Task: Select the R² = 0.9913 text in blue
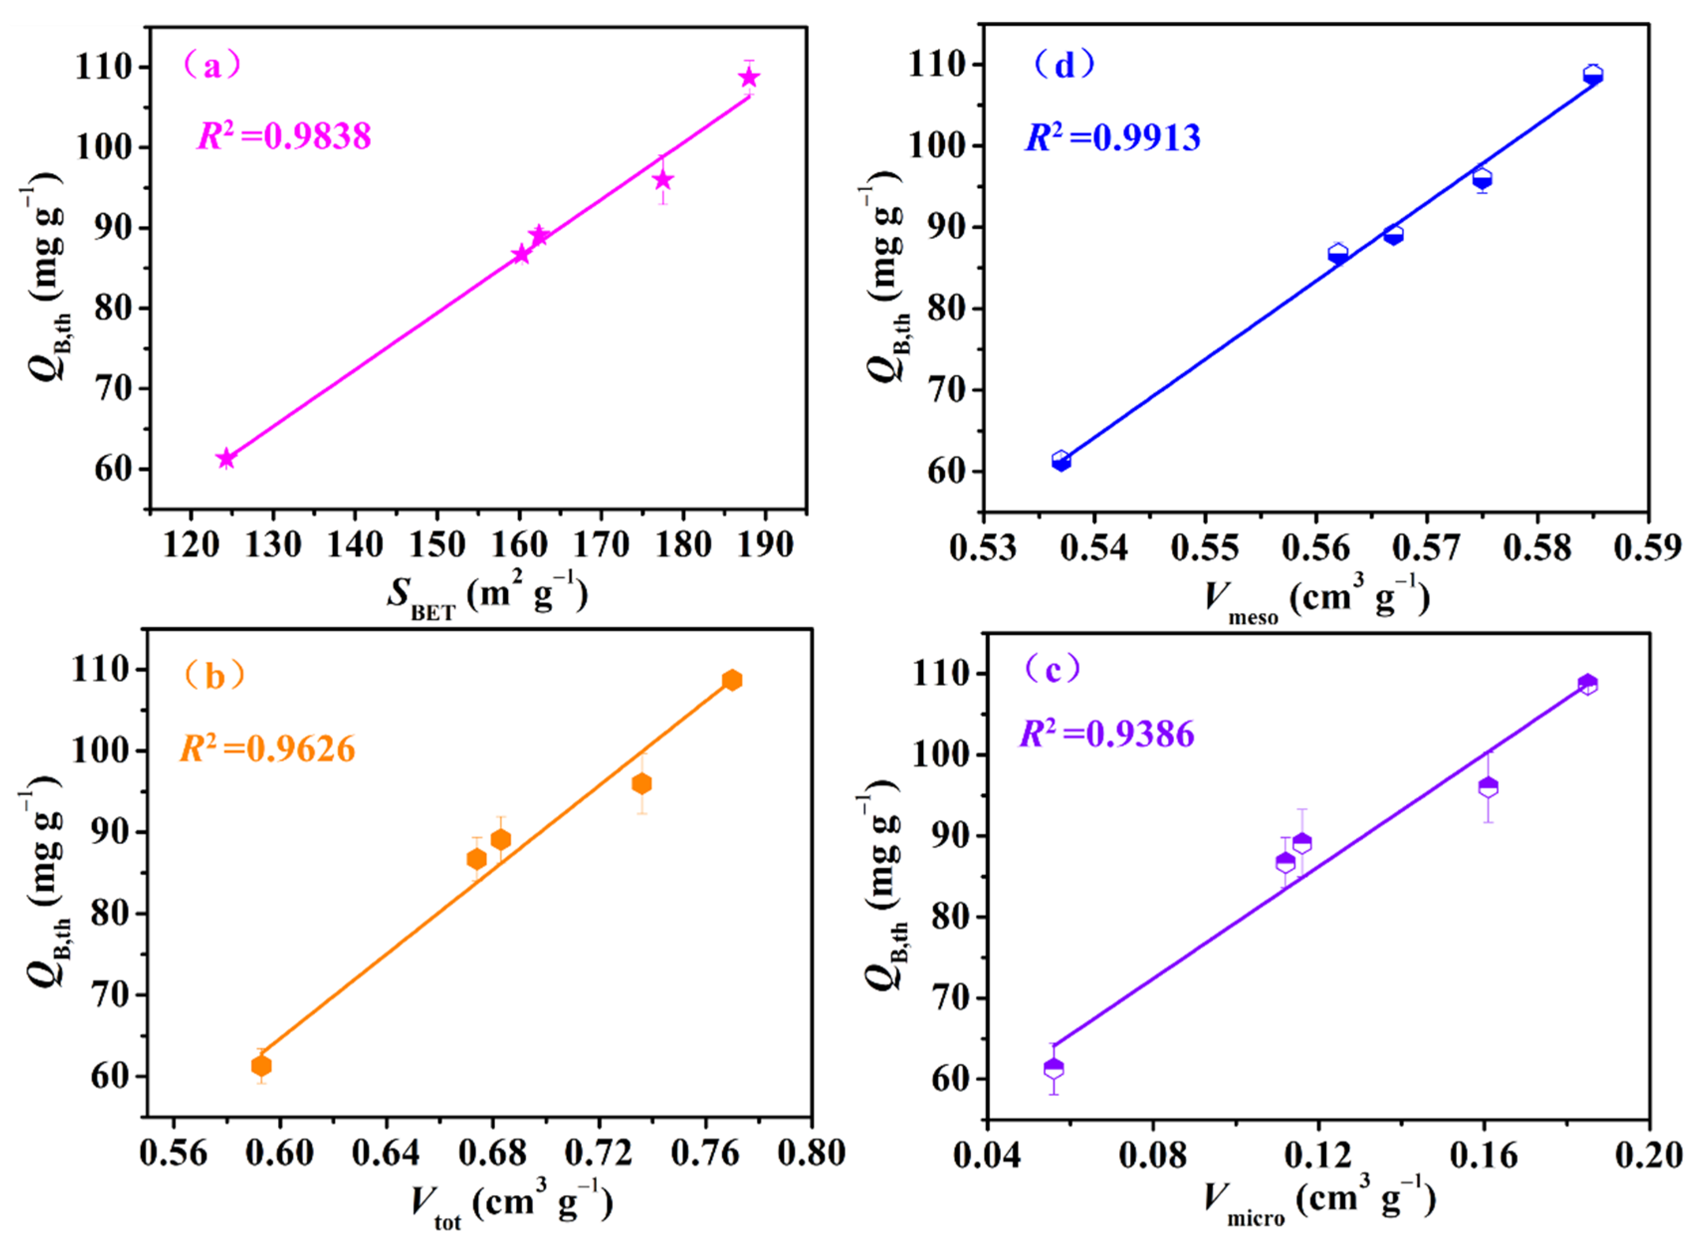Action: click(1113, 138)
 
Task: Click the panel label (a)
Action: click(213, 66)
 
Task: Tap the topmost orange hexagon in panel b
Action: click(732, 680)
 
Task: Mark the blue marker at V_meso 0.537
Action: click(1061, 461)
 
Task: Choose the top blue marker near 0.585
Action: click(1593, 74)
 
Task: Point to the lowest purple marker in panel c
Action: click(1054, 1068)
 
